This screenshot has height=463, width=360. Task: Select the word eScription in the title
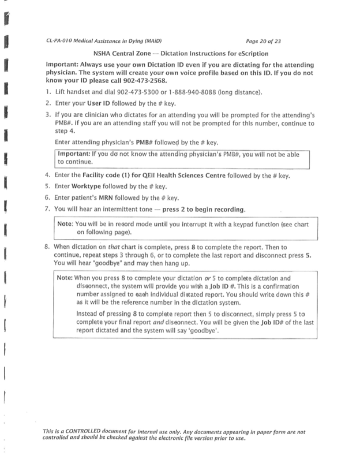coord(266,53)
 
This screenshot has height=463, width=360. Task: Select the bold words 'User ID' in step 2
coord(99,103)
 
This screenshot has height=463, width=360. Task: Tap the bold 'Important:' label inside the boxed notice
coord(77,154)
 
